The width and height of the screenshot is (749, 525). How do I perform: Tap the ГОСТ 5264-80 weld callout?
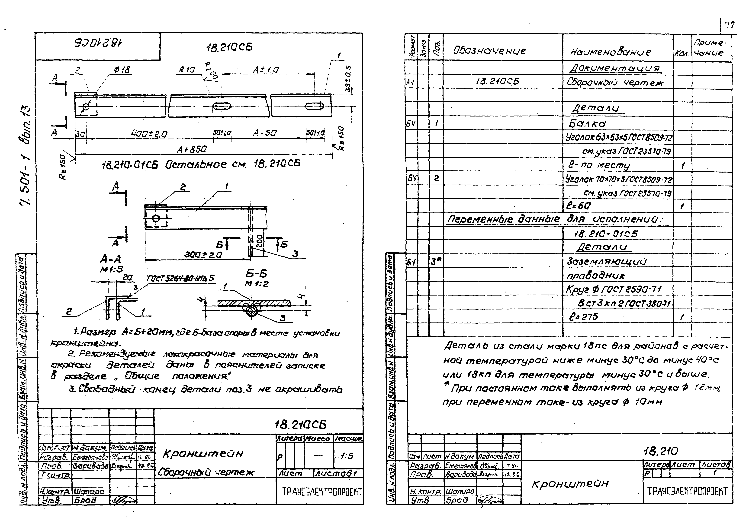click(180, 278)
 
